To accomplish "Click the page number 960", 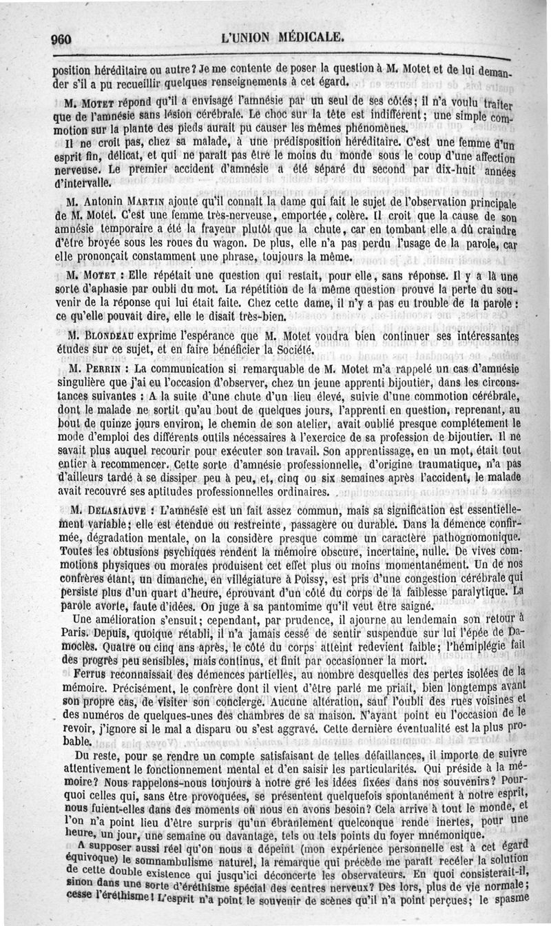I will point(62,39).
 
